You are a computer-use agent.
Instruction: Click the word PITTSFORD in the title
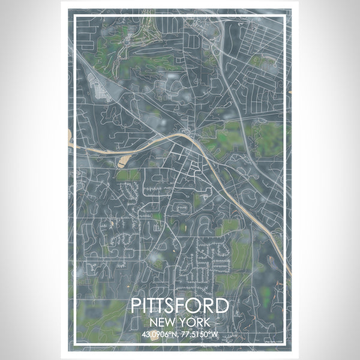(x=179, y=305)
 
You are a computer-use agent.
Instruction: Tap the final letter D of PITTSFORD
(x=223, y=305)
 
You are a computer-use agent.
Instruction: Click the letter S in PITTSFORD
(x=173, y=305)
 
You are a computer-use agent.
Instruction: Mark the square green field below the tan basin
(x=127, y=175)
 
